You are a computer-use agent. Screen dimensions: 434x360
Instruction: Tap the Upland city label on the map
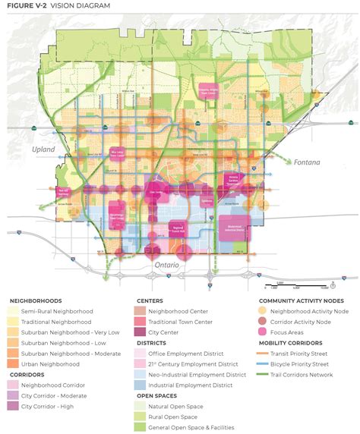(x=44, y=149)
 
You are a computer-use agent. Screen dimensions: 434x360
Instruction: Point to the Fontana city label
(x=308, y=162)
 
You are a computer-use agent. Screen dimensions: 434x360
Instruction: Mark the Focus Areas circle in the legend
(x=264, y=332)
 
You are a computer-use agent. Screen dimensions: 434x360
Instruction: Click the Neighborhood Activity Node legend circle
(x=264, y=311)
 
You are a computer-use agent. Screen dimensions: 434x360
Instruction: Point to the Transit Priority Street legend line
(x=264, y=353)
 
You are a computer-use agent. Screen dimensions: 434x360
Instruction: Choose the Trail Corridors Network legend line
(x=264, y=374)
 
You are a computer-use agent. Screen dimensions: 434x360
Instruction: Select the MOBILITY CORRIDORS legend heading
(x=292, y=342)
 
